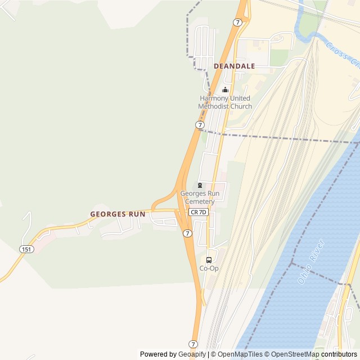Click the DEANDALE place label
234,66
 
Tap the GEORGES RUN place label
118,214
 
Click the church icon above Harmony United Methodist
226,89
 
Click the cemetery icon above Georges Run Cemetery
200,186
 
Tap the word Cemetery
200,201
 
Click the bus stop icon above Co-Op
209,260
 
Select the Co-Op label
209,268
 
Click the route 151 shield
26,249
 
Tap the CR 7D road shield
198,212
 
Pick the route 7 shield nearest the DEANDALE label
238,22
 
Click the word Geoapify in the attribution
192,354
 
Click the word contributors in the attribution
339,354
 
